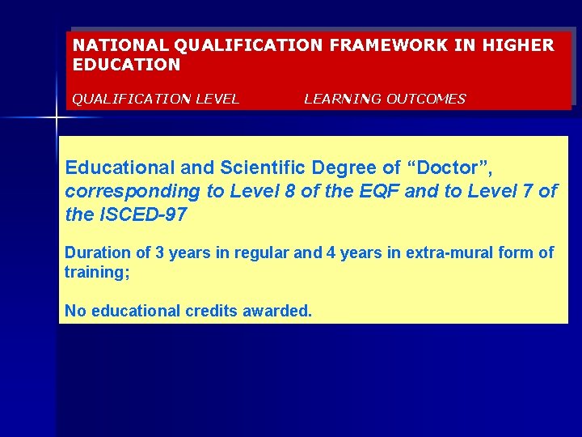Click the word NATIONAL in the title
(x=112, y=45)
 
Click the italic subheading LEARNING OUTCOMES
(x=385, y=99)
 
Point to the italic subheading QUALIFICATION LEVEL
(x=156, y=99)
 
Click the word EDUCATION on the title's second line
(x=127, y=64)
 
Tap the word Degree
(x=339, y=168)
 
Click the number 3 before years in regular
(x=160, y=252)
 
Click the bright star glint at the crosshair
(x=56, y=119)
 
